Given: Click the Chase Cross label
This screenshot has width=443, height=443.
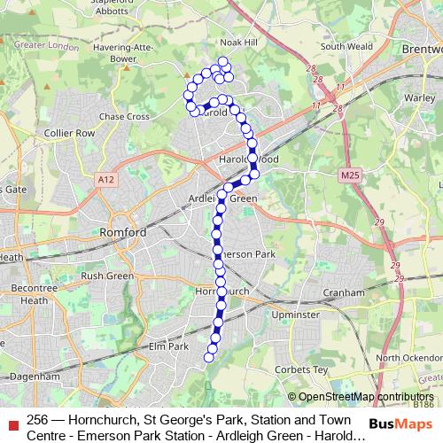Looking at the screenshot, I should [121, 116].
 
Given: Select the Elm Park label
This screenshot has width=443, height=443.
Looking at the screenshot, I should [167, 346].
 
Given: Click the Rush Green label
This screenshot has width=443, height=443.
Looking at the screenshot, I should [106, 276].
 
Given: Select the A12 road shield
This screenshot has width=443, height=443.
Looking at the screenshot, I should [107, 180].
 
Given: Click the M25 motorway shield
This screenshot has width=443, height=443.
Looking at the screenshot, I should [348, 177].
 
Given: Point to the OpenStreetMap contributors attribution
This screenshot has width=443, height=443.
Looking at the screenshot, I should [366, 397].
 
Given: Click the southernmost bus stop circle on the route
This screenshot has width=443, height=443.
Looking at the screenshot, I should [210, 357].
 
